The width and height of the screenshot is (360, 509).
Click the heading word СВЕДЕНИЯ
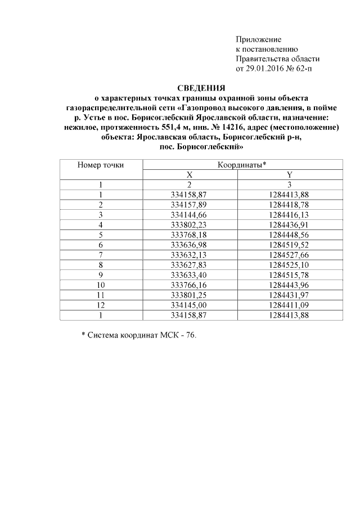pos(201,88)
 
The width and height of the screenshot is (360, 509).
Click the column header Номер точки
pos(101,165)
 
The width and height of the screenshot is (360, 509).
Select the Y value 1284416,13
pos(289,214)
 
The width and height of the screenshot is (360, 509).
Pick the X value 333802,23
pos(190,224)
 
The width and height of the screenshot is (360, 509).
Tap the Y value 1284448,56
pos(289,234)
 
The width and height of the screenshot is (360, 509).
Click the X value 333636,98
pos(190,244)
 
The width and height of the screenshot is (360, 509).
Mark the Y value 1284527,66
pos(289,254)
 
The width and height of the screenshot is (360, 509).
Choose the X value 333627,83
pos(190,264)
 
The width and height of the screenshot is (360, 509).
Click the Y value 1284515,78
pos(289,274)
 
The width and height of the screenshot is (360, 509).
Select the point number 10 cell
pos(101,285)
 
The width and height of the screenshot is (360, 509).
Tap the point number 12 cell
pos(101,305)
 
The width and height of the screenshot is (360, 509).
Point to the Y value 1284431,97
pos(289,295)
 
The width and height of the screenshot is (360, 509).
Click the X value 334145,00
pos(190,305)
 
